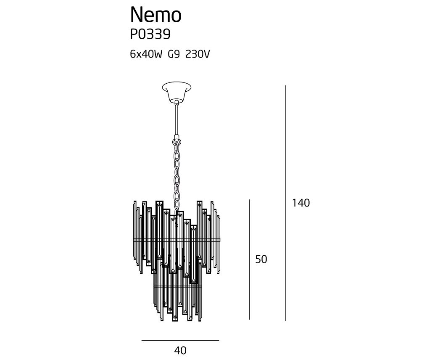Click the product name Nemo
click(156, 15)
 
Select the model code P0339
click(150, 34)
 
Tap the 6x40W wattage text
click(146, 54)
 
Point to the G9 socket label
click(174, 54)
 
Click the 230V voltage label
click(198, 54)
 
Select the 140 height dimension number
click(301, 203)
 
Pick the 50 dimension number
click(261, 259)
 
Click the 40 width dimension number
click(180, 350)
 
